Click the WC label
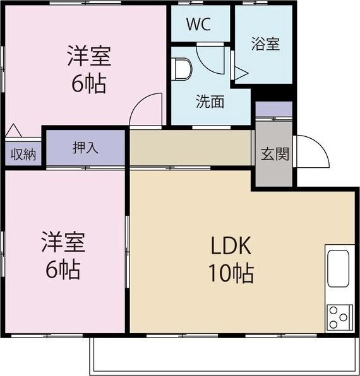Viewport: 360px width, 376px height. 199,24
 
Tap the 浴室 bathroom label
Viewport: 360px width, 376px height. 265,44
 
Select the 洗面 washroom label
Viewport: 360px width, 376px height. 210,102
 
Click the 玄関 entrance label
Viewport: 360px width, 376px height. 275,154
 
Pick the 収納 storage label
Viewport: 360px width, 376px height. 23,155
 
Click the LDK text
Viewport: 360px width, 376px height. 231,245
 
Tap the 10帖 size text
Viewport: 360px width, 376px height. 231,273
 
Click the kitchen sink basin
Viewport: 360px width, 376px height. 339,269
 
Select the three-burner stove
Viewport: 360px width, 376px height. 340,317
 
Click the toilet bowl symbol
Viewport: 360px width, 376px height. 183,68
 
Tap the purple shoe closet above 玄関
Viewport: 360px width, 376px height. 274,109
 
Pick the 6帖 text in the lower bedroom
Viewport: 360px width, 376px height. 63,269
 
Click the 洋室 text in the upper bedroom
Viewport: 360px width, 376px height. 89,56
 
